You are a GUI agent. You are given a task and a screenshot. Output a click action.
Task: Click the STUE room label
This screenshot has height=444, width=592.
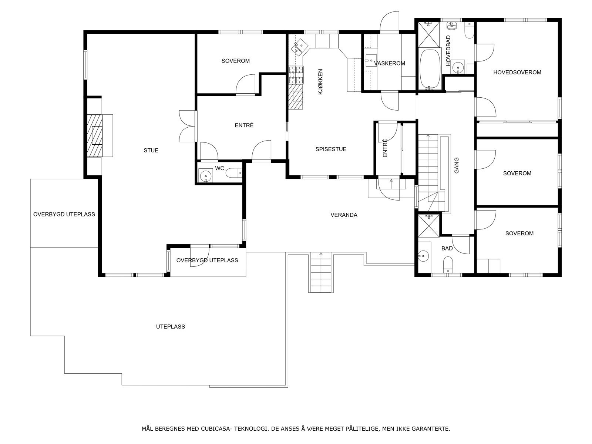click(x=151, y=151)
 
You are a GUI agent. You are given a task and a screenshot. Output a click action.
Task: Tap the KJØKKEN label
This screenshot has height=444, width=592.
click(x=320, y=82)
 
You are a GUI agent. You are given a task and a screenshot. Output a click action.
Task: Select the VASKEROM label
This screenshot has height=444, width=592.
click(x=390, y=63)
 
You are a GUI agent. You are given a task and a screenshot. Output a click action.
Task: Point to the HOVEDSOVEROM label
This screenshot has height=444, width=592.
click(x=517, y=72)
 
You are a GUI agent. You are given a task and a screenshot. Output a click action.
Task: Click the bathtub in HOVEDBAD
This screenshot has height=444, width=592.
click(x=430, y=69)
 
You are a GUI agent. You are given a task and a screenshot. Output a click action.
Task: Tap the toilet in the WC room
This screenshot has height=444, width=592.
click(x=233, y=173)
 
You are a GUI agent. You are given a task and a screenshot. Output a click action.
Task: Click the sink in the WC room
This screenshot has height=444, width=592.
click(x=205, y=175)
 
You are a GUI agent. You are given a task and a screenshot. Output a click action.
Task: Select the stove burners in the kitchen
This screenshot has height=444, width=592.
click(x=296, y=75)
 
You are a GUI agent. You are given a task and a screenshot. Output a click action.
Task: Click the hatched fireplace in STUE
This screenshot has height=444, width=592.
click(x=94, y=135)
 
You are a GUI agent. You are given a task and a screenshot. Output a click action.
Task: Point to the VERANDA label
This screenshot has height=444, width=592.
click(x=344, y=215)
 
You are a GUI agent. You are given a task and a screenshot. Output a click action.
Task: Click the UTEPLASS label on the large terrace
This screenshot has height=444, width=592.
click(x=171, y=326)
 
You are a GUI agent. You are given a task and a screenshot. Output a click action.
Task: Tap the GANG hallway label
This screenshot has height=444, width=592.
click(x=456, y=165)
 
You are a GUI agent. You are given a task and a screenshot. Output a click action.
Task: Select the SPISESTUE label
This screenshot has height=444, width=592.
click(x=331, y=149)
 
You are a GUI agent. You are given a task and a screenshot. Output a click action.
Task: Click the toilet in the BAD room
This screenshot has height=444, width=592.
click(x=448, y=265)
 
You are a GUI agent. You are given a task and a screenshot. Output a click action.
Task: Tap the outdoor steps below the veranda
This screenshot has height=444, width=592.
click(x=321, y=272)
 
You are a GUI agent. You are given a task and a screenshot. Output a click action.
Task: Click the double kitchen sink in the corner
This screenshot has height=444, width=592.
click(x=299, y=48)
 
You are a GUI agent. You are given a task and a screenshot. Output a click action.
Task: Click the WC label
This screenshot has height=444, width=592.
click(x=219, y=168)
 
